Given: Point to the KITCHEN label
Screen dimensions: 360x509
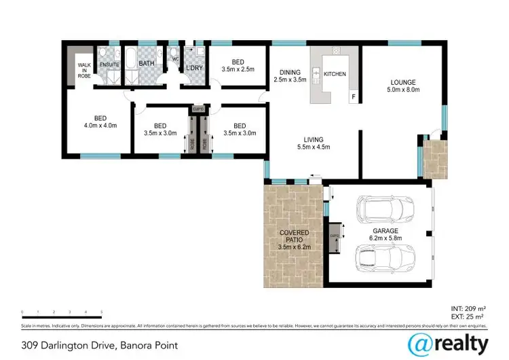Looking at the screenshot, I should tap(335, 73).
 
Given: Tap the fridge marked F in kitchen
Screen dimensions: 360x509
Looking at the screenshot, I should tap(352, 97).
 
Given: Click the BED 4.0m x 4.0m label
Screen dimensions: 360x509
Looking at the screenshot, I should tap(100, 121).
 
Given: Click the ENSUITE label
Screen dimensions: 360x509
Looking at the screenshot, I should tap(110, 65).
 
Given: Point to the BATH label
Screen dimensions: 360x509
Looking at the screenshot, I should tap(147, 64).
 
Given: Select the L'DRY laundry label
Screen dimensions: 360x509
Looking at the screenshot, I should tap(194, 68).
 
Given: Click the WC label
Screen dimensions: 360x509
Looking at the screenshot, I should tap(174, 59).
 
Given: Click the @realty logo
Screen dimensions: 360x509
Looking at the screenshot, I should tap(448, 342).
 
